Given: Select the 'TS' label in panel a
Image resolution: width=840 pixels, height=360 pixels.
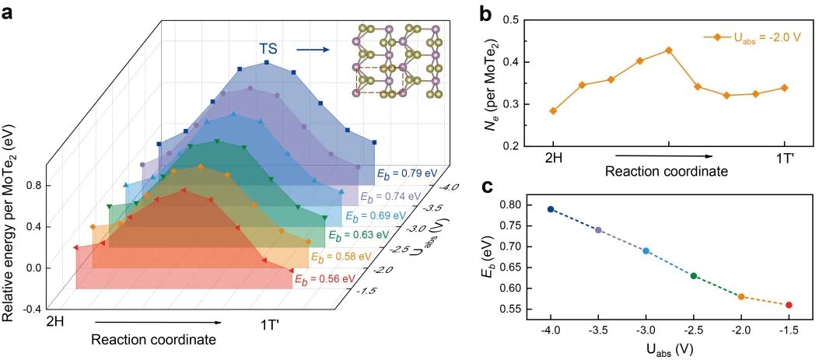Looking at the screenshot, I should click(x=269, y=51).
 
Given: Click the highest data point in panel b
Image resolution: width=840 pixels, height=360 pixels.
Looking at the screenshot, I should click(x=668, y=51).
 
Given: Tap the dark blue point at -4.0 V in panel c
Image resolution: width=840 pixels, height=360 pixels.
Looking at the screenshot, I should click(x=551, y=209).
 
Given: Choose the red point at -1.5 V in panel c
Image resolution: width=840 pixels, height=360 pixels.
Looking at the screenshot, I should click(x=789, y=305).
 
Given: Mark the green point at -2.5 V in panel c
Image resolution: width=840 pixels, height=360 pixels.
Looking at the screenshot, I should click(x=694, y=276).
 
